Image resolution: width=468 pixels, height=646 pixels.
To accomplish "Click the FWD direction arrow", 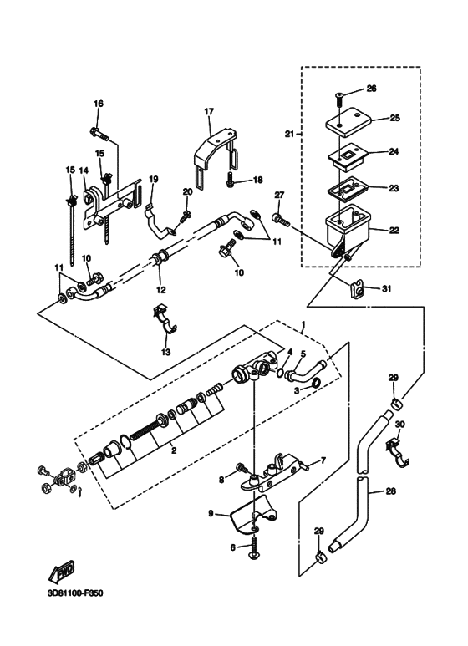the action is (61, 572).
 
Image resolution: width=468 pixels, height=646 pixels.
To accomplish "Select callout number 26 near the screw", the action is (371, 89).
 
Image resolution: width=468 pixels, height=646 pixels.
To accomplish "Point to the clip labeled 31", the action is (358, 290).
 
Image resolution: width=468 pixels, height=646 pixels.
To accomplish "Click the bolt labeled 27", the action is (282, 220).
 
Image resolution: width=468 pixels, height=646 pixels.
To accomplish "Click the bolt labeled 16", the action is (99, 134).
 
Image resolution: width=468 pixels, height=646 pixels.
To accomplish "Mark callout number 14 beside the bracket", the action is (84, 170).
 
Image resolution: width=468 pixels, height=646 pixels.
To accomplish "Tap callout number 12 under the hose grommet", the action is (160, 290).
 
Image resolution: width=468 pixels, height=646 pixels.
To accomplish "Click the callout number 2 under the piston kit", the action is (174, 450).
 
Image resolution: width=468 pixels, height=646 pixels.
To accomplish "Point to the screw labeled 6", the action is (253, 547).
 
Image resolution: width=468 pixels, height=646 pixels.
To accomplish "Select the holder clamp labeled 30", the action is (396, 453).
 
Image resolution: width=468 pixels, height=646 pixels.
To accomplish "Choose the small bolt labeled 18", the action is (231, 181).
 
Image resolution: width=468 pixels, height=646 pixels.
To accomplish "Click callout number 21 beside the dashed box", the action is (290, 134).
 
